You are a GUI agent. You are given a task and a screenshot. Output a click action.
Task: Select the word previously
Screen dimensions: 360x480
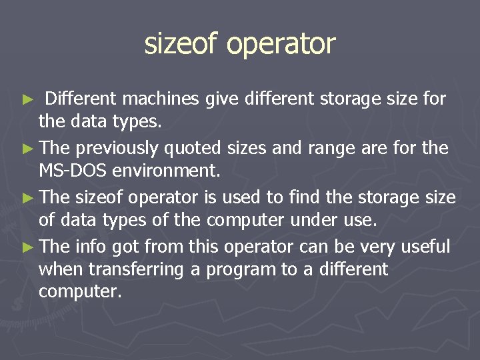point(117,149)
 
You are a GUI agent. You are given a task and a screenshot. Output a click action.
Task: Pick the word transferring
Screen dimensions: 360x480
point(130,269)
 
